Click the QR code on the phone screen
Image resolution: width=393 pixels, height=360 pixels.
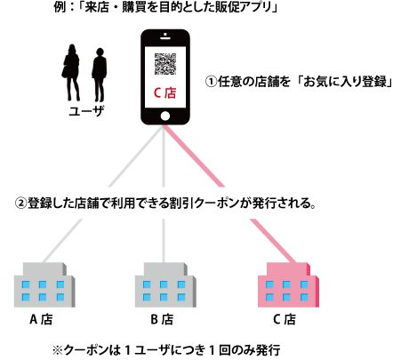pos(165,64)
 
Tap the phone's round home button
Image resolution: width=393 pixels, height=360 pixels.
pos(165,116)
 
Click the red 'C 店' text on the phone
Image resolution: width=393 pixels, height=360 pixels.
pos(164,92)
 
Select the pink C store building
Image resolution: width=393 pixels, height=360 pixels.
pos(288,284)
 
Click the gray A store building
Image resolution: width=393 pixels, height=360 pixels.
pos(44,284)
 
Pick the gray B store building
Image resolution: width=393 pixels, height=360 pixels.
pos(165,284)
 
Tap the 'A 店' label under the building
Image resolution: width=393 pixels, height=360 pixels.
pos(41,319)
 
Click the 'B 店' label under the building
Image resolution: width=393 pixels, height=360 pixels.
pos(162,319)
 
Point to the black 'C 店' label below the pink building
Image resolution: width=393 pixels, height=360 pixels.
pos(285,319)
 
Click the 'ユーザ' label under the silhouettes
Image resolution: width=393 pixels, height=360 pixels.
pos(86,111)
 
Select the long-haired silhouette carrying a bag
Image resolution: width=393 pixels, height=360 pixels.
pos(71,73)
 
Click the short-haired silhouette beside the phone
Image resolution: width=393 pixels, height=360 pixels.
pos(100,75)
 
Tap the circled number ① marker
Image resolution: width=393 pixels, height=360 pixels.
pos(212,82)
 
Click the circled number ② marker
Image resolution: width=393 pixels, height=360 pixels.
pos(20,204)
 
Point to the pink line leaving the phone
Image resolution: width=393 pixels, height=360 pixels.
pos(193,156)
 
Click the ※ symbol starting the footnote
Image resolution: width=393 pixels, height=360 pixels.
pos(58,350)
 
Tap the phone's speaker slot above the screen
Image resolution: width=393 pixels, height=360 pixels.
pos(165,38)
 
